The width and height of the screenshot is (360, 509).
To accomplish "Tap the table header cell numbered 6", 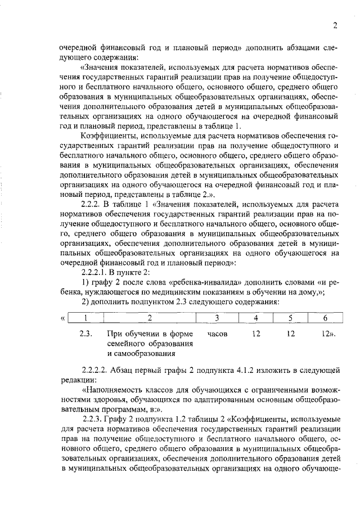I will point(325,318).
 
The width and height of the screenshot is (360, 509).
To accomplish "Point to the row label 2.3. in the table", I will point(85,334).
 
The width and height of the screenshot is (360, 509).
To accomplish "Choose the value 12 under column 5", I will point(291,334).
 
